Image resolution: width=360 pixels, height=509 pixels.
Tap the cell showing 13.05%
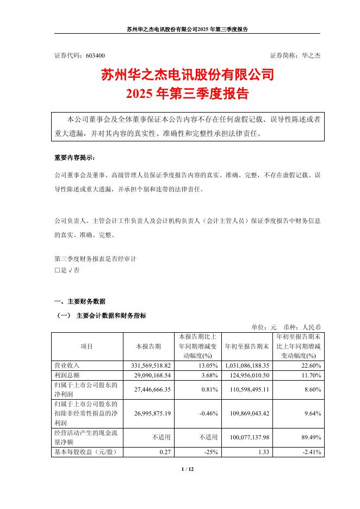[x=209, y=366]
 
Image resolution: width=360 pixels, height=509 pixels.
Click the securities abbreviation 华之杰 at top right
[x=312, y=55]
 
